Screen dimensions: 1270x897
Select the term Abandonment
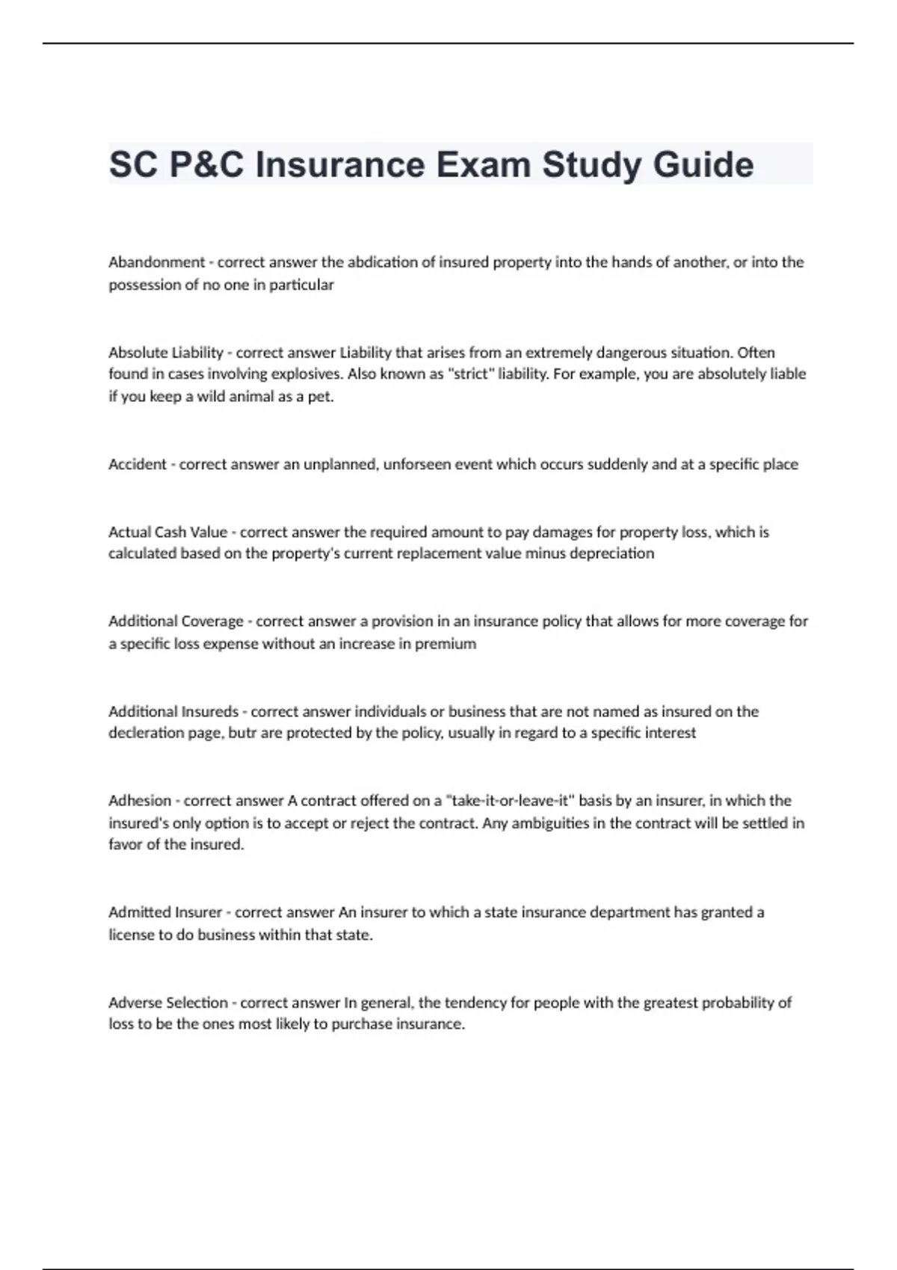[156, 262]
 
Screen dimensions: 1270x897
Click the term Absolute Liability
[166, 353]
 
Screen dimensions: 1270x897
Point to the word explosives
[296, 374]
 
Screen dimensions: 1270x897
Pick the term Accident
[138, 464]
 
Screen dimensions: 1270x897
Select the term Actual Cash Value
[167, 532]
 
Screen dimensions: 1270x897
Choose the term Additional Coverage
[176, 621]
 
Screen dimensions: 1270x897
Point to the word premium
[446, 643]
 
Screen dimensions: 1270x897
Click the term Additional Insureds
[173, 711]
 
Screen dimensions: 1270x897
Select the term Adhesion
[140, 801]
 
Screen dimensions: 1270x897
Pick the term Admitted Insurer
[165, 912]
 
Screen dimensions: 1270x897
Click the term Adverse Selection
[168, 1003]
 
